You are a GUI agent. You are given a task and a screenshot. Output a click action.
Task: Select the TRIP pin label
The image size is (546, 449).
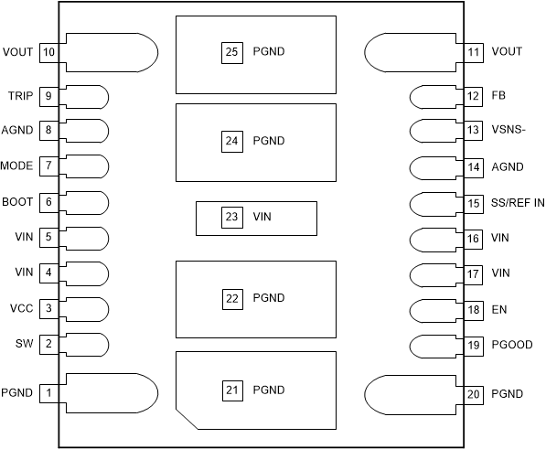pyautogui.click(x=19, y=95)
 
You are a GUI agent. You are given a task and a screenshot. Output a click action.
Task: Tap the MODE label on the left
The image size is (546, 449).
pyautogui.click(x=17, y=166)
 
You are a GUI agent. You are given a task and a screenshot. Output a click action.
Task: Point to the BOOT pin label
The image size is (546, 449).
pyautogui.click(x=17, y=202)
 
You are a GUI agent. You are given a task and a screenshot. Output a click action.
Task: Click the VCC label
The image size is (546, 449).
pyautogui.click(x=22, y=308)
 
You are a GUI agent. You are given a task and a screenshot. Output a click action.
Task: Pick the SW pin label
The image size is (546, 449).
pyautogui.click(x=24, y=344)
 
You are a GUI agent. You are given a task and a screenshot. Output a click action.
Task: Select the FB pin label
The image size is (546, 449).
pyautogui.click(x=499, y=95)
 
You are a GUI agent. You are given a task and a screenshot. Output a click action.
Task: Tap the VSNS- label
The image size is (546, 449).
pyautogui.click(x=508, y=131)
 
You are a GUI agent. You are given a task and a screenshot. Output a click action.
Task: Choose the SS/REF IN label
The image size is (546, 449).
pyautogui.click(x=518, y=202)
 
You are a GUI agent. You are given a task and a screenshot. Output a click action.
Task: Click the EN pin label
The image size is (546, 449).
pyautogui.click(x=499, y=309)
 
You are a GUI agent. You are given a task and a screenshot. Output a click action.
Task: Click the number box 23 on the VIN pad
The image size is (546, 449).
pyautogui.click(x=231, y=217)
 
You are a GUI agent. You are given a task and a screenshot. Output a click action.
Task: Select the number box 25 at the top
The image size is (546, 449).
pyautogui.click(x=231, y=52)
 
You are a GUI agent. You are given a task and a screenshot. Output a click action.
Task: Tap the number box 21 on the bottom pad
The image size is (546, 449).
pyautogui.click(x=231, y=390)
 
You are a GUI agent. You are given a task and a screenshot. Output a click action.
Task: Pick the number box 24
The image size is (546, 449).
pyautogui.click(x=231, y=141)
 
